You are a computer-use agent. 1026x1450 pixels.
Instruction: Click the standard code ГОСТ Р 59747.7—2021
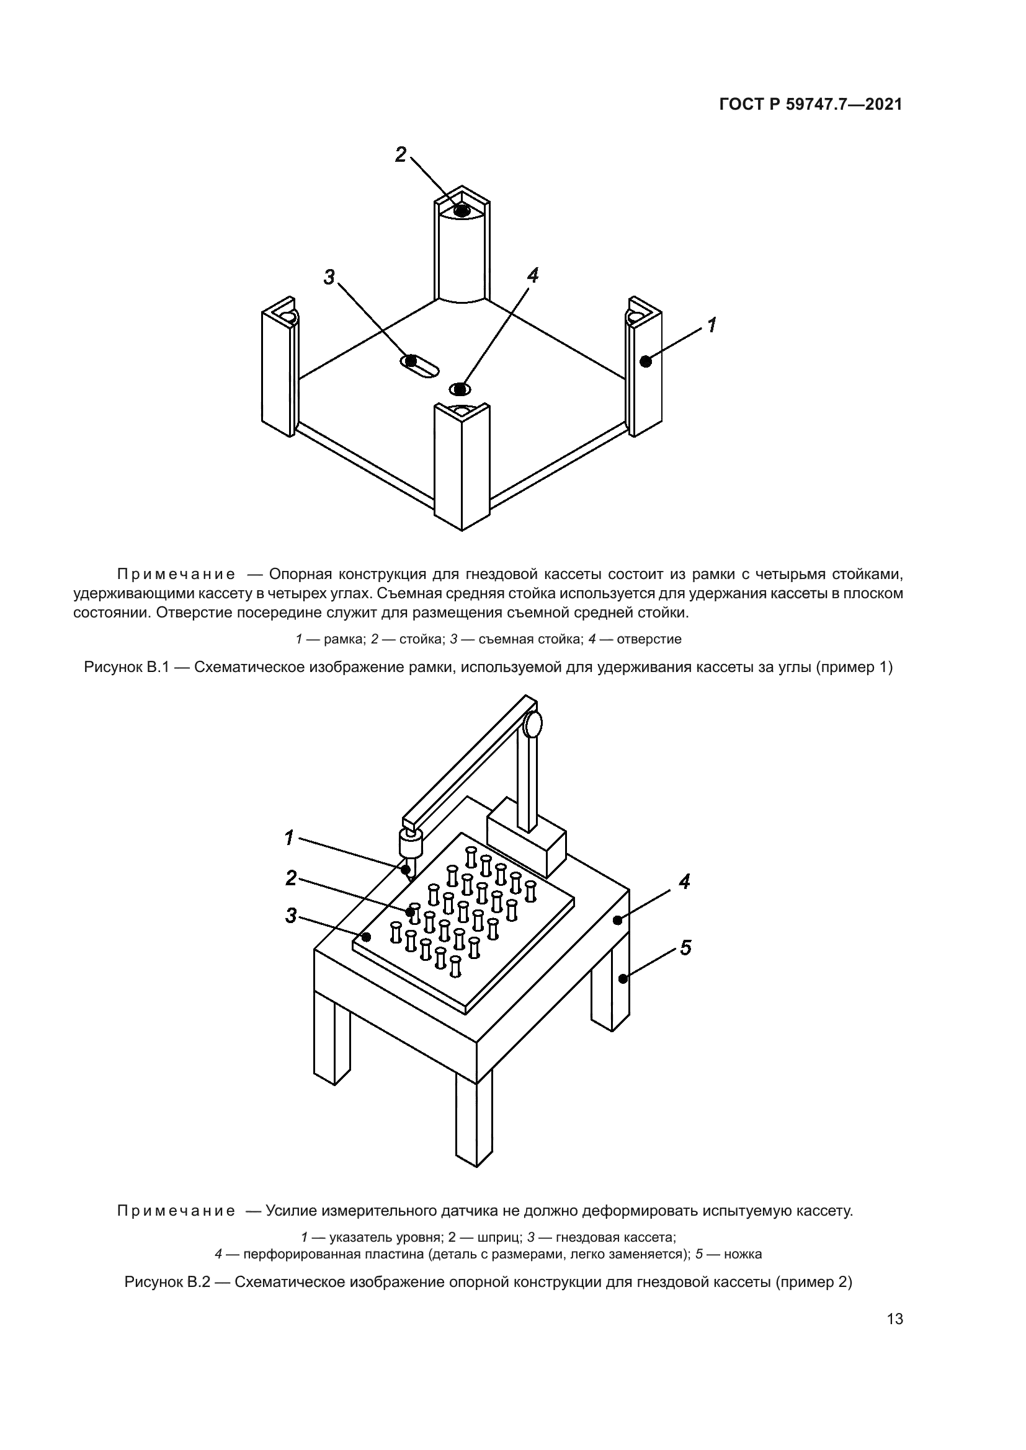pyautogui.click(x=811, y=104)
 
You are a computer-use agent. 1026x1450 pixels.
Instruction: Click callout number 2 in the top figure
pyautogui.click(x=401, y=155)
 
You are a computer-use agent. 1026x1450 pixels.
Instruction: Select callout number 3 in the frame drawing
pyautogui.click(x=329, y=276)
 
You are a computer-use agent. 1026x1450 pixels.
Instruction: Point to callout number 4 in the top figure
pyautogui.click(x=533, y=275)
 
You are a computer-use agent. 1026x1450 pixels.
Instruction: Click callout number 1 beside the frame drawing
pyautogui.click(x=712, y=325)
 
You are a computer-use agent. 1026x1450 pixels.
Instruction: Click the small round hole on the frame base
pyautogui.click(x=460, y=389)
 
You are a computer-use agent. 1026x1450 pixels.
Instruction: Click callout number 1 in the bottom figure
pyautogui.click(x=288, y=838)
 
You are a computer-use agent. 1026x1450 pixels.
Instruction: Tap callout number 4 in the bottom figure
pyautogui.click(x=684, y=882)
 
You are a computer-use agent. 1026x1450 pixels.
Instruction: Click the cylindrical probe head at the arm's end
pyautogui.click(x=410, y=843)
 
